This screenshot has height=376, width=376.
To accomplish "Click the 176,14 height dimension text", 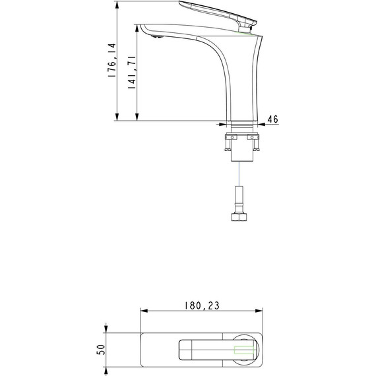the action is (x=112, y=60).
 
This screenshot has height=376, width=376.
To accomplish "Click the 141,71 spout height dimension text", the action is (x=132, y=73).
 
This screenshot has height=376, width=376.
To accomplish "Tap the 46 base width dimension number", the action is (x=273, y=119).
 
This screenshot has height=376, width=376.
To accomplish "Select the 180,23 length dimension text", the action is (x=202, y=305).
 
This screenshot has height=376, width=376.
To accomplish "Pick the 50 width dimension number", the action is (x=101, y=350).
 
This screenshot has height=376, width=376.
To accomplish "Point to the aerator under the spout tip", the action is (x=158, y=37).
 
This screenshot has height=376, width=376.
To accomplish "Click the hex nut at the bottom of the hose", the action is (x=239, y=217).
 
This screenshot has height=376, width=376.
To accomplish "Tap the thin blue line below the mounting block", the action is (x=239, y=174).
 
